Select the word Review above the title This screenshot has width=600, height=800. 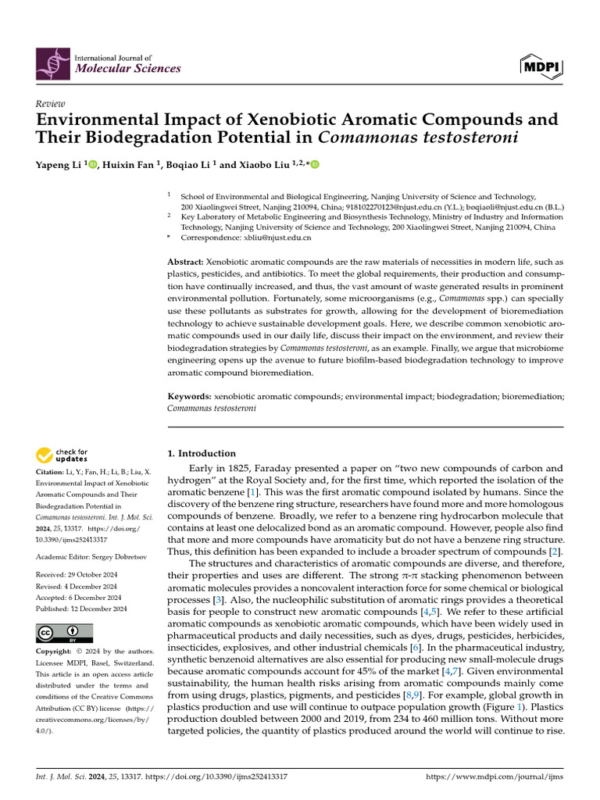click(x=51, y=104)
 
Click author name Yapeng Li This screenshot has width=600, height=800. click(x=59, y=164)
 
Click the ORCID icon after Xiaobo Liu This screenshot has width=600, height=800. click(x=316, y=164)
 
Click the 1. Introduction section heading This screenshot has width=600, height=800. click(x=202, y=453)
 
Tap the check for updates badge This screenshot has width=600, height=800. click(x=62, y=455)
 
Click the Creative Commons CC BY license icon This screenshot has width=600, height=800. click(x=64, y=633)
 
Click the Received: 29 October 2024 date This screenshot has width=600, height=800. click(x=77, y=575)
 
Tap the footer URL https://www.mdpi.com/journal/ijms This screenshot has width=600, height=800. click(x=494, y=777)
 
